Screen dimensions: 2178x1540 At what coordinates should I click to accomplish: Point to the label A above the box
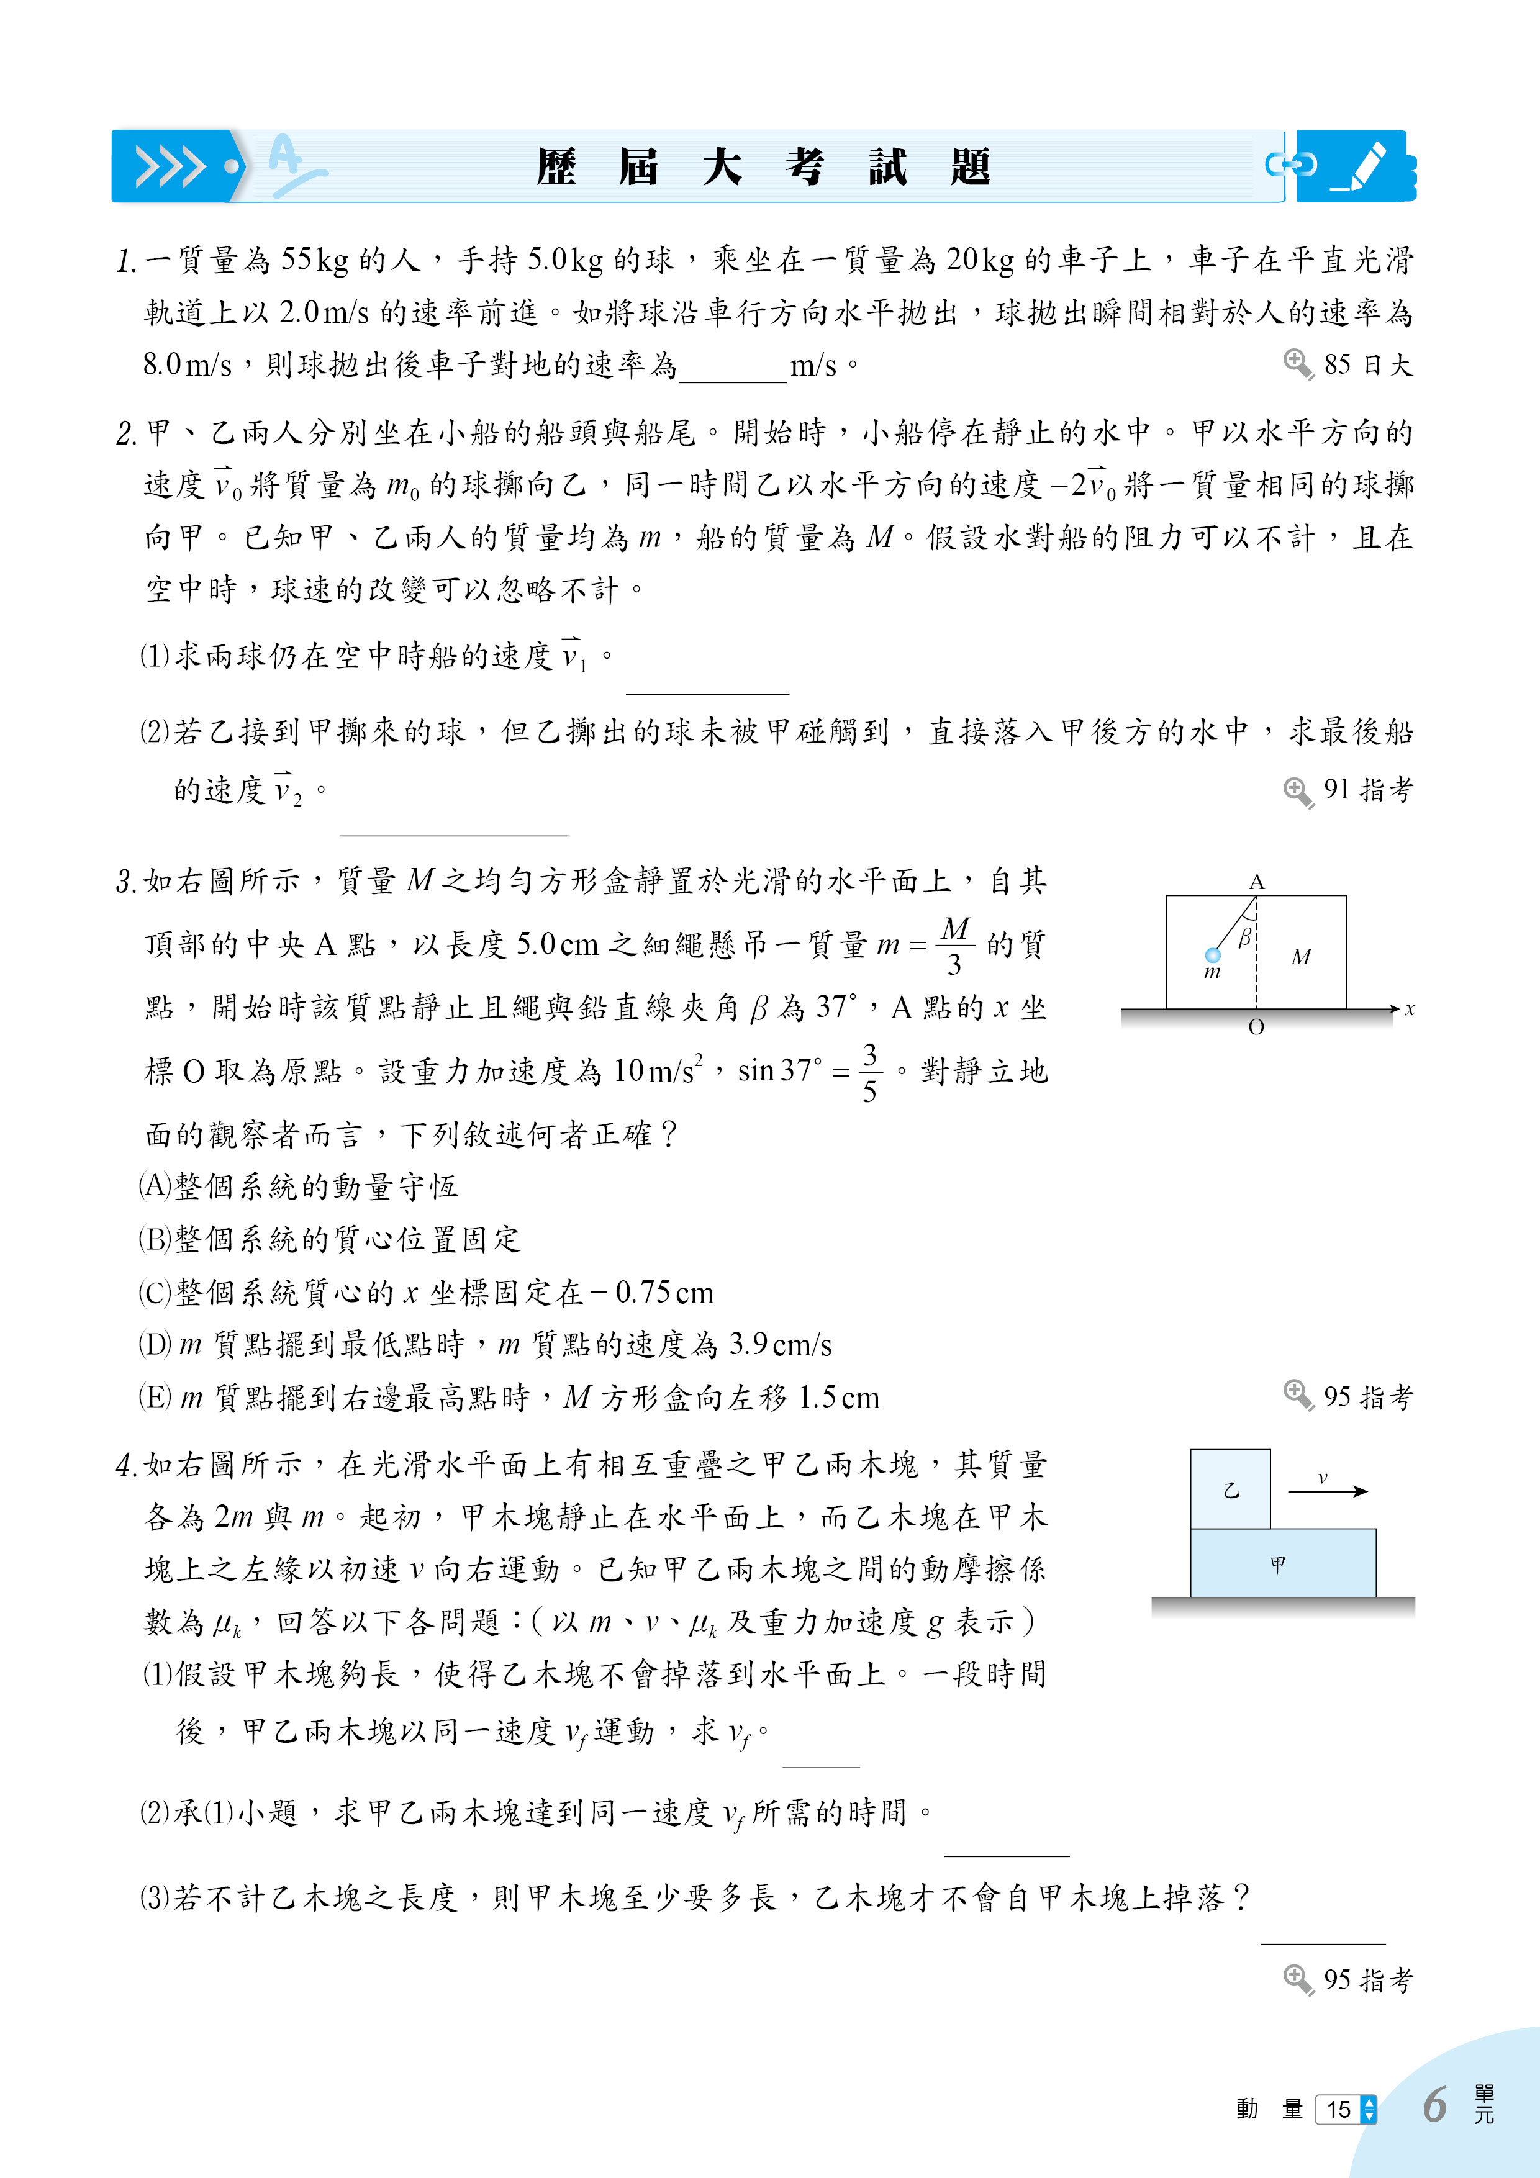[1256, 882]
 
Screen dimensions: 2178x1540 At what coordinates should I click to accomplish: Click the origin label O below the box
[1256, 1028]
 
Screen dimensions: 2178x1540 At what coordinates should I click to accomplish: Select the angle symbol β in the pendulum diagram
[1244, 938]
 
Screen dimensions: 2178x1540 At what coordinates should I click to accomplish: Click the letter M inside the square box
[1301, 957]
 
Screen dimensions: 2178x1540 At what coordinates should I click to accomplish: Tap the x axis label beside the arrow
[1410, 1010]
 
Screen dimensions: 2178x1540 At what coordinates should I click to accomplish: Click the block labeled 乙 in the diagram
[1231, 1489]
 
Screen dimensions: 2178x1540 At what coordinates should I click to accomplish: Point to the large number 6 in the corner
[1434, 2105]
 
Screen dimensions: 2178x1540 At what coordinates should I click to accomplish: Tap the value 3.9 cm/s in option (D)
[780, 1344]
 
